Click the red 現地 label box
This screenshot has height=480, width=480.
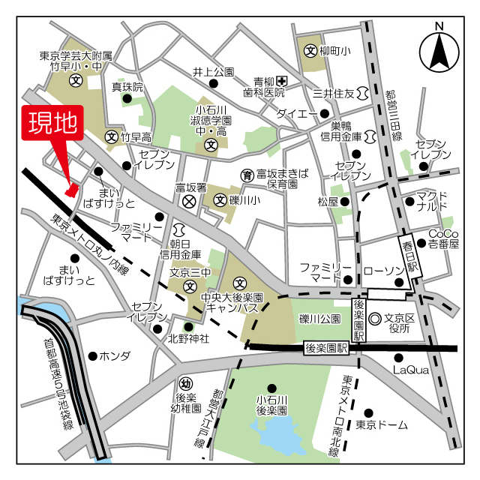click(x=54, y=125)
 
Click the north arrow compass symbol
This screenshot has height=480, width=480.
click(x=439, y=51)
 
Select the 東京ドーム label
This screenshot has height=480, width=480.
click(x=382, y=425)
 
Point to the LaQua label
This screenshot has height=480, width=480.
click(x=410, y=370)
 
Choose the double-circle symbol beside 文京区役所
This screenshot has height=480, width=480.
click(x=375, y=318)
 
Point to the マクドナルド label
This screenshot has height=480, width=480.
click(x=432, y=200)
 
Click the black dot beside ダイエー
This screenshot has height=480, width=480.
click(x=324, y=114)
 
